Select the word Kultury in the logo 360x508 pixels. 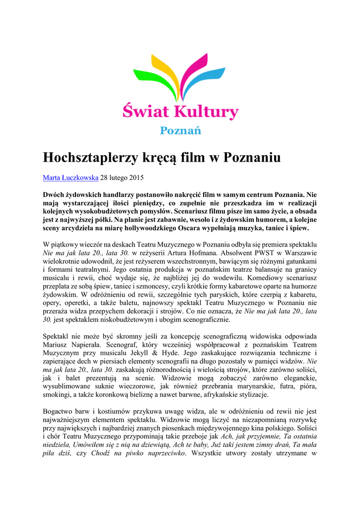(206, 111)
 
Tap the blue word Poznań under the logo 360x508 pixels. (180, 130)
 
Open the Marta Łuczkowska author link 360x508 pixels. (71, 177)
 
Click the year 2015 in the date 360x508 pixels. (136, 177)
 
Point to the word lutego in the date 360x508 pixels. (117, 177)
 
